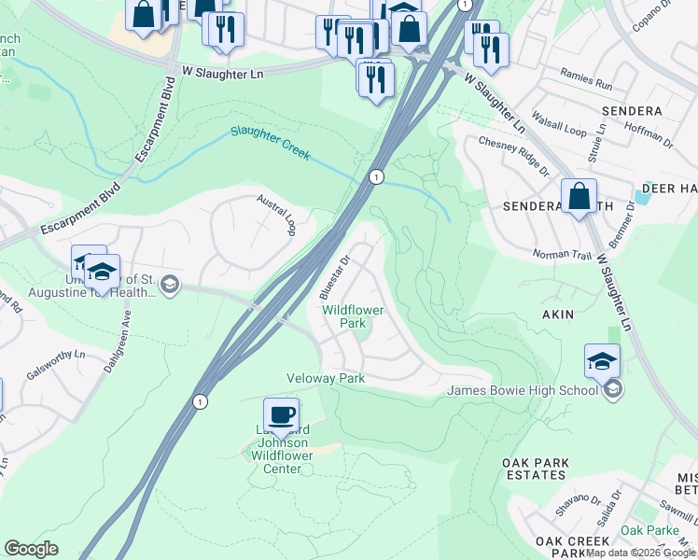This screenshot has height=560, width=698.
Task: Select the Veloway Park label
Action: [325, 378]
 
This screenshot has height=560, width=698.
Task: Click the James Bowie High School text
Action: [523, 390]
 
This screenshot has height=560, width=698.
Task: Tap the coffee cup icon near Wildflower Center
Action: [281, 414]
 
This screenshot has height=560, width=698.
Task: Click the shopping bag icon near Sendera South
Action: [579, 197]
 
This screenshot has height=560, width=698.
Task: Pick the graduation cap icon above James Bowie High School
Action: [602, 361]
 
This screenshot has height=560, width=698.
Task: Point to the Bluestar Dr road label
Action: [333, 273]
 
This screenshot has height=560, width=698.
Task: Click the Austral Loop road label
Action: [276, 215]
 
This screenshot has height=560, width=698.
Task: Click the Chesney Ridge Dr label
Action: [513, 154]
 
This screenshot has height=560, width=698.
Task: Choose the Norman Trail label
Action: [563, 254]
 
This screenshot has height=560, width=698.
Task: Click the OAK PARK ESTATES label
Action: [535, 469]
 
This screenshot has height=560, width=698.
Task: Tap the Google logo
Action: [31, 549]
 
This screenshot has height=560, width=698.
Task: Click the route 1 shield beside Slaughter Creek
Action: [375, 175]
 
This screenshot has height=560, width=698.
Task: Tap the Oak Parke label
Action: [649, 530]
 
